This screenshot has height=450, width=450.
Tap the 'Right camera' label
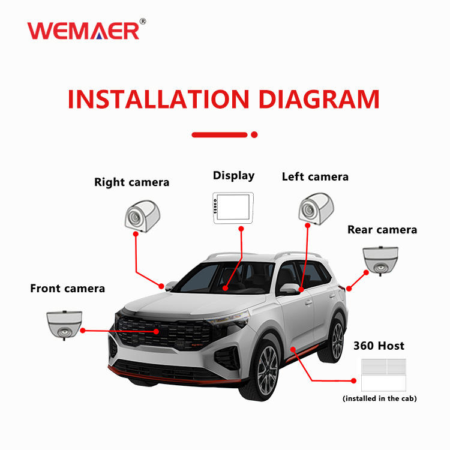pos(131,182)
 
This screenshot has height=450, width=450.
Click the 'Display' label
pos(233,176)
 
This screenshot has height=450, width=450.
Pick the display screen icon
pos(234,208)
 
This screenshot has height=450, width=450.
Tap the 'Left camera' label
pos(315,176)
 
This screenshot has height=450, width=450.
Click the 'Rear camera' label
pos(382,230)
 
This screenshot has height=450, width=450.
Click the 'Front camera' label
pos(67,289)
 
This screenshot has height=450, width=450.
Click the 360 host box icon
pos(383,375)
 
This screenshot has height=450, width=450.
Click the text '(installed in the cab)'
pos(379,398)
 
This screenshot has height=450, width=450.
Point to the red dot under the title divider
pos(254,134)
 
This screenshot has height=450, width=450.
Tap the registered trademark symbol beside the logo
pos(142,22)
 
